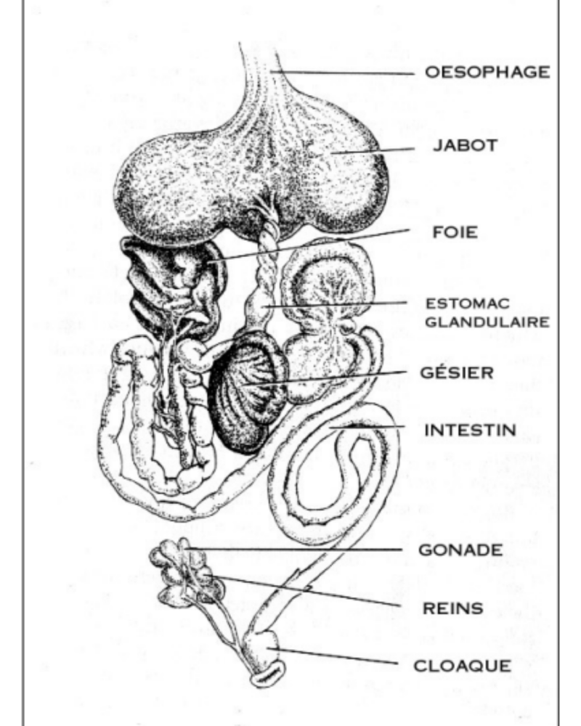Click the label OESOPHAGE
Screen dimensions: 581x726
pyautogui.click(x=487, y=73)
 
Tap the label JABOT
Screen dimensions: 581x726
pyautogui.click(x=465, y=145)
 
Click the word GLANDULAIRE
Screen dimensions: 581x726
pyautogui.click(x=486, y=321)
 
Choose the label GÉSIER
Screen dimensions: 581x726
pyautogui.click(x=458, y=373)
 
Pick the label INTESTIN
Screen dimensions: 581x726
pyautogui.click(x=470, y=430)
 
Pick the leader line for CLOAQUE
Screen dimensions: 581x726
pyautogui.click(x=334, y=656)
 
